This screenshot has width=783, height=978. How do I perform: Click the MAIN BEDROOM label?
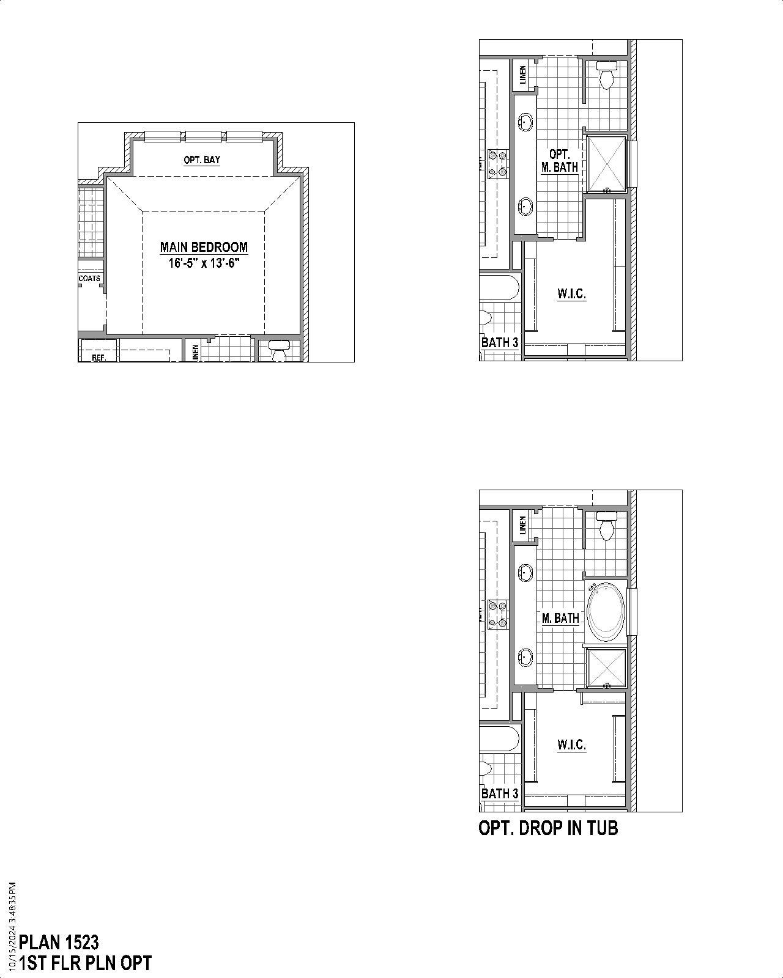coord(204,248)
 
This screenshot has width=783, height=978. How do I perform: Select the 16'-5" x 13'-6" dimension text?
coord(204,264)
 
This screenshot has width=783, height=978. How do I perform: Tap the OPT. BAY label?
coord(202,160)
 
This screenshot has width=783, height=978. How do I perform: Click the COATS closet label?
coord(89,279)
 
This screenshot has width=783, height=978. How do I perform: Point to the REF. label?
coord(98,358)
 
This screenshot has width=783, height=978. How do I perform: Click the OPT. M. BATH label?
coord(560,161)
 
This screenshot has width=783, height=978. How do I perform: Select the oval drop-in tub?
coord(606,612)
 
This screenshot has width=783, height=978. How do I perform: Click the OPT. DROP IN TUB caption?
coord(548,828)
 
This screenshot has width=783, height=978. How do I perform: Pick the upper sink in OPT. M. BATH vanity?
coord(525,122)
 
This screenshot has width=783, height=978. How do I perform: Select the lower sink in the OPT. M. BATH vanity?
coord(525,206)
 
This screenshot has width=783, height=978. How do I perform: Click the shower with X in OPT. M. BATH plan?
coord(606,164)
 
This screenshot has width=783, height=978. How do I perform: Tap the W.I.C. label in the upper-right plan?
coord(571,294)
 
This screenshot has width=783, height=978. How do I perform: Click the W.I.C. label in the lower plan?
coord(571,745)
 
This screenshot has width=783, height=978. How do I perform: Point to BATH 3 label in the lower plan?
coord(500,793)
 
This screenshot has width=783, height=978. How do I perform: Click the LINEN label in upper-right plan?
coord(522,75)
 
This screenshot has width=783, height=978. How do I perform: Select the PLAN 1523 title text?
coord(59,942)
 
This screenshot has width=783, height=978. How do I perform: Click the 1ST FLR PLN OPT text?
coord(85,963)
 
